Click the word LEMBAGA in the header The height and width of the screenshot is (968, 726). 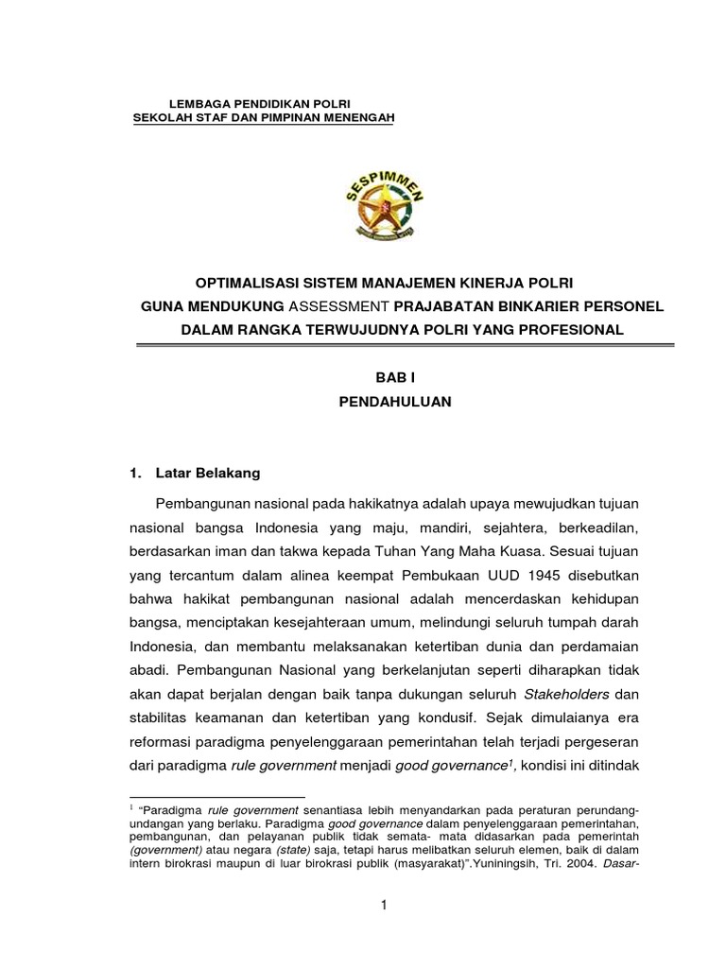(196, 100)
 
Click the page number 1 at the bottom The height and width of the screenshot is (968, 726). (384, 905)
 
